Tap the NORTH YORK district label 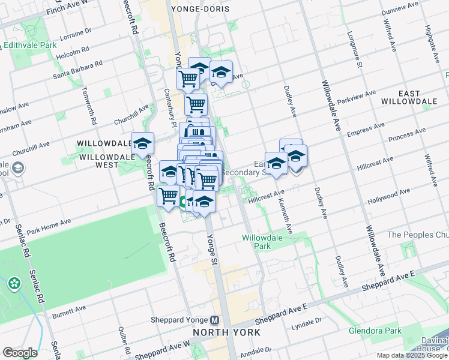(x=226, y=332)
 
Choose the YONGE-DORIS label (x=196, y=9)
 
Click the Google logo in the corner (x=19, y=353)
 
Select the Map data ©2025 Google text (x=412, y=355)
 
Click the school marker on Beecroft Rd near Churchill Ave (x=142, y=144)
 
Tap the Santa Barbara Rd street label (x=77, y=69)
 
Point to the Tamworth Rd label (x=94, y=108)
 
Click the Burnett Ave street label (x=69, y=311)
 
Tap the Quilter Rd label (x=124, y=340)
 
